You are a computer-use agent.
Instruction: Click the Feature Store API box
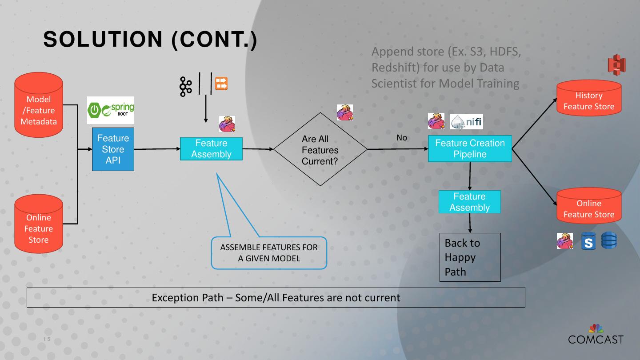click(113, 149)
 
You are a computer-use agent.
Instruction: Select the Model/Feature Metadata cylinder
click(39, 105)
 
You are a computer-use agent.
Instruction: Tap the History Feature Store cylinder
click(589, 99)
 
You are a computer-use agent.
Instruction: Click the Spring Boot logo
click(111, 110)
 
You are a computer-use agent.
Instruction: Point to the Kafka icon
click(185, 86)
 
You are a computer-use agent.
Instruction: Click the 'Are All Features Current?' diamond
click(320, 149)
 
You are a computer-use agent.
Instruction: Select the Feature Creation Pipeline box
click(470, 148)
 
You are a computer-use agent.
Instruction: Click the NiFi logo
click(467, 121)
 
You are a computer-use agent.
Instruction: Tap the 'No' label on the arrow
click(402, 138)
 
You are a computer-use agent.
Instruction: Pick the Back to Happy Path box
click(470, 257)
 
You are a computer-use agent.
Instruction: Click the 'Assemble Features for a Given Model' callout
click(269, 253)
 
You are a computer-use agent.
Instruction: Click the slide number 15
click(47, 340)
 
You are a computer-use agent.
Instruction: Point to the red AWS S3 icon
click(616, 65)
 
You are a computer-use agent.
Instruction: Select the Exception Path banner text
click(276, 297)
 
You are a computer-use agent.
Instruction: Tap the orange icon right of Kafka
click(221, 83)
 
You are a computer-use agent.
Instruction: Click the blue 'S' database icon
click(588, 241)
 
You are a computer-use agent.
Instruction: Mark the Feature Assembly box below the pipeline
click(469, 202)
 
